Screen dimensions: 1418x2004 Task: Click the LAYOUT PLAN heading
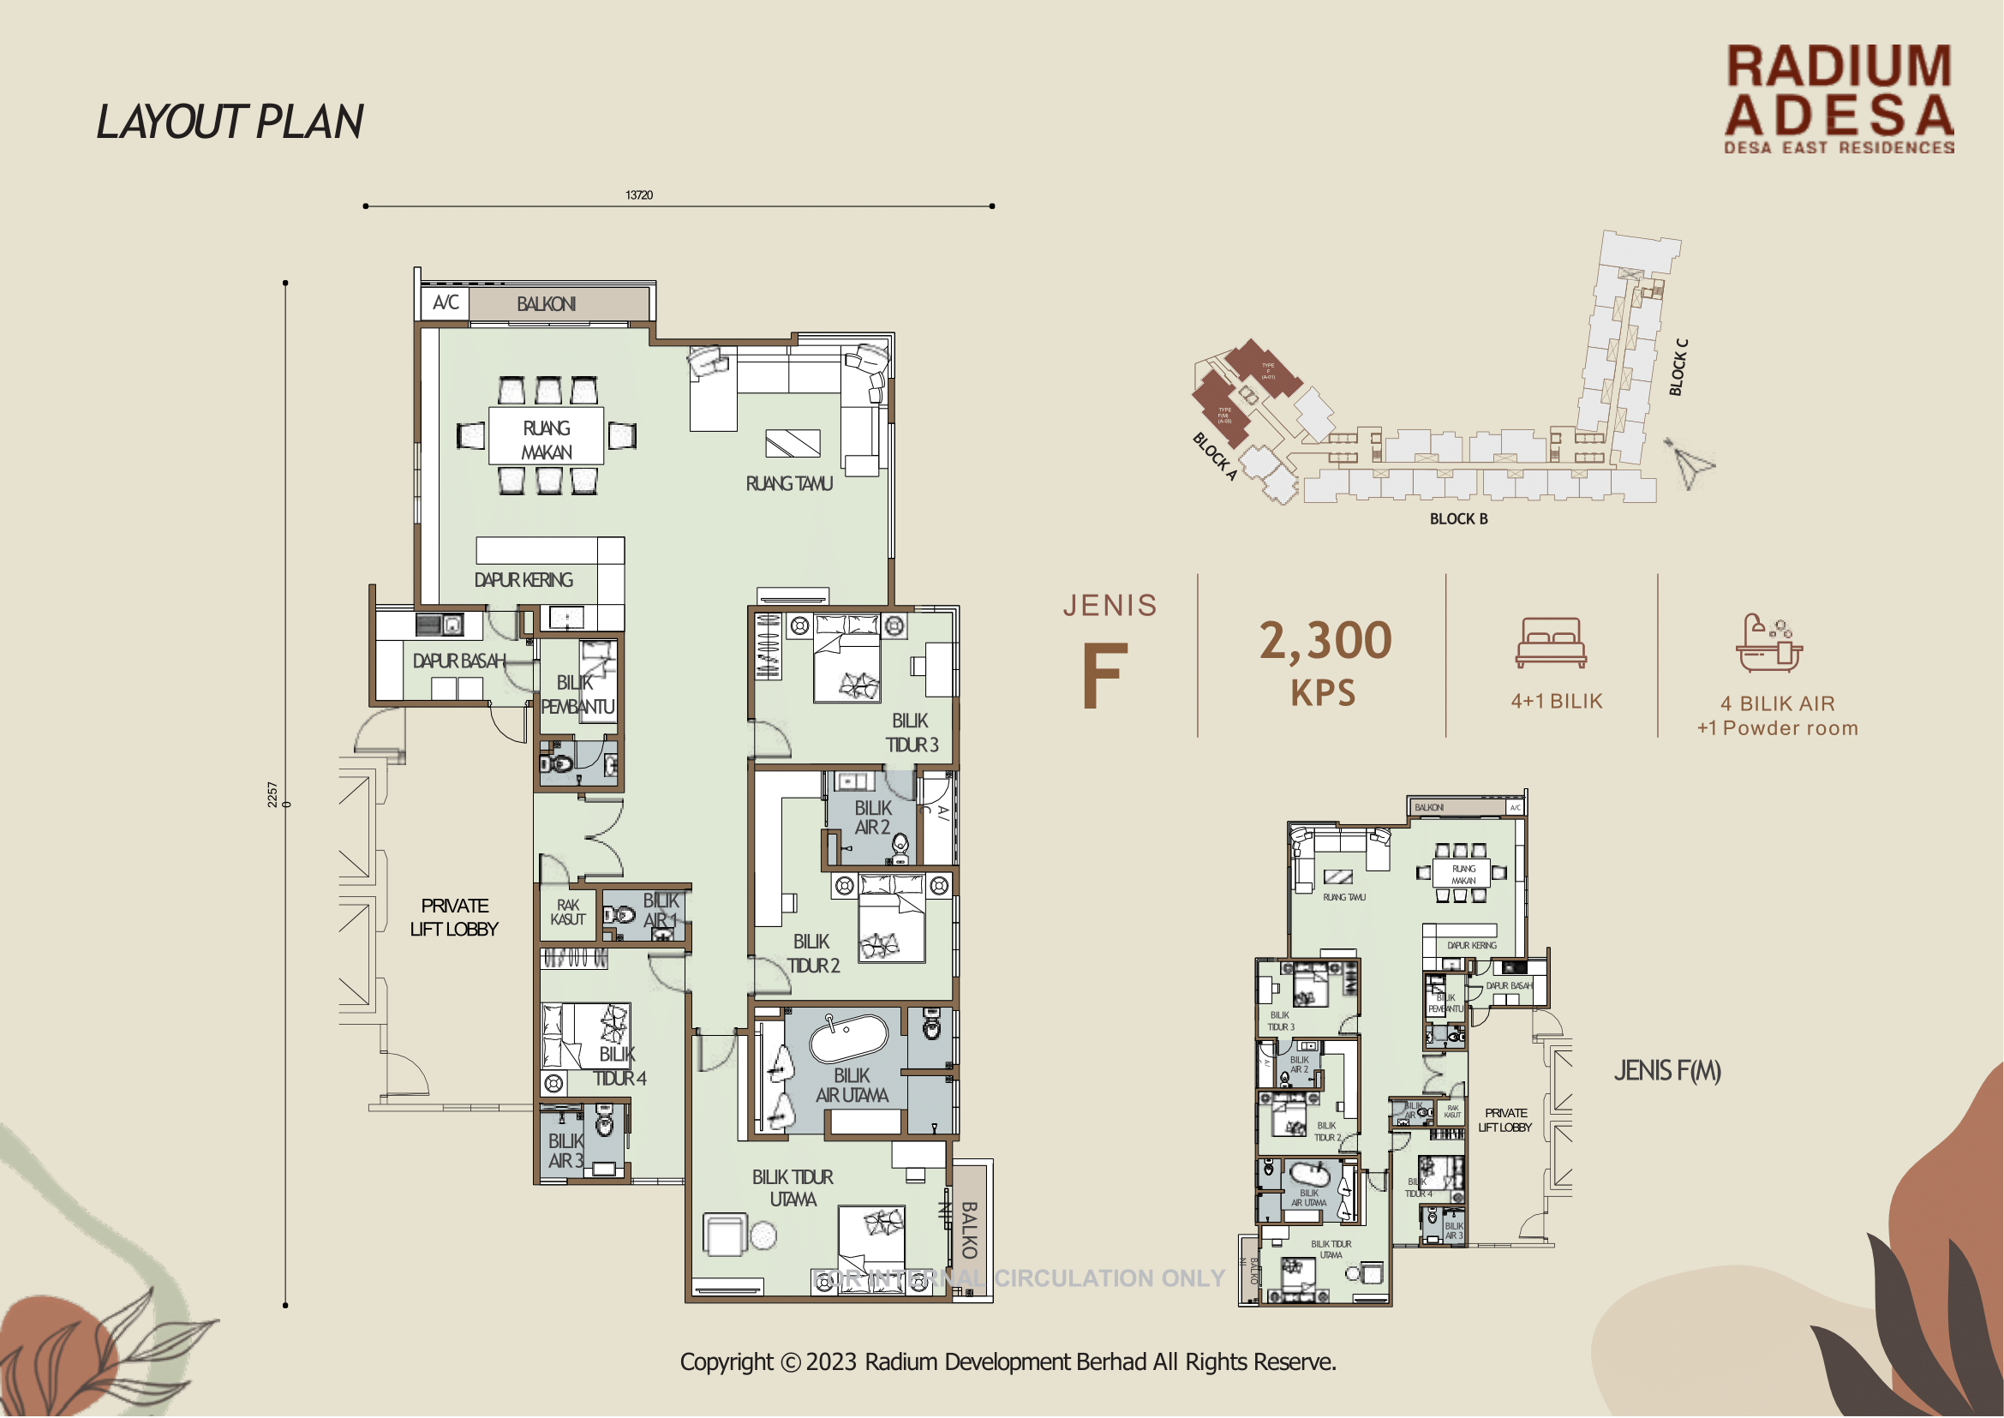230,123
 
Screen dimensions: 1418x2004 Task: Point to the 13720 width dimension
639,194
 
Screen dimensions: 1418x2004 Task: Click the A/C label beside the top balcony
446,303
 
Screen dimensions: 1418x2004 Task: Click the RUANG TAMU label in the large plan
788,484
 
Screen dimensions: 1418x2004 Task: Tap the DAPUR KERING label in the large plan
523,581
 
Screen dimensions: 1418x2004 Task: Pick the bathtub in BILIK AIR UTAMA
848,1037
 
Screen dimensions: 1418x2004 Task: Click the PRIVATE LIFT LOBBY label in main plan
454,918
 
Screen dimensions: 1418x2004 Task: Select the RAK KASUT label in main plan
567,912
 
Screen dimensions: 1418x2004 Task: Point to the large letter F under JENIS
1104,677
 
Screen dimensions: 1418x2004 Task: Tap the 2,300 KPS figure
1325,661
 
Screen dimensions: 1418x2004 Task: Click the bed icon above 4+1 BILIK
1551,643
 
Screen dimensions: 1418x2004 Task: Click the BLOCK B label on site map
1458,519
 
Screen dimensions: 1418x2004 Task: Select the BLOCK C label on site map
1678,368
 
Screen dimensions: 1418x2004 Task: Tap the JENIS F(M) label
1667,1071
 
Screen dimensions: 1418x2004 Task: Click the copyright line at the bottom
1008,1363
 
